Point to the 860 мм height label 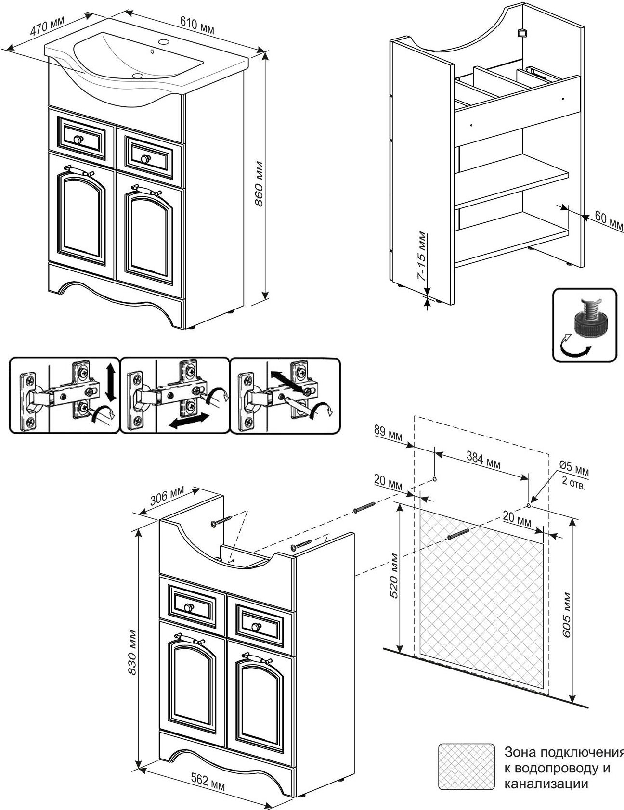[259, 183]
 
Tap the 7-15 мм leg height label [421, 257]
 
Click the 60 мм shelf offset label [609, 220]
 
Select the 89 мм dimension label [388, 431]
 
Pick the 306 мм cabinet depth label [168, 497]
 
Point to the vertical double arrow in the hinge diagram [110, 382]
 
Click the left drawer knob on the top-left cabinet [78, 140]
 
